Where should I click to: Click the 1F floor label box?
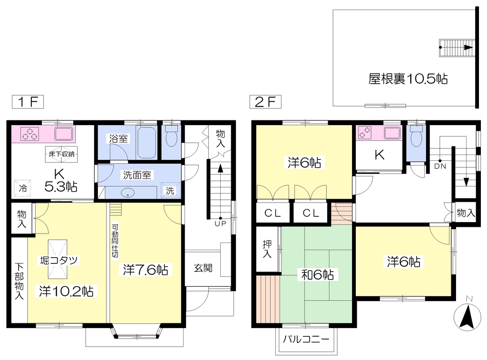(28, 102)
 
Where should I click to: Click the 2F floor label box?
(265, 102)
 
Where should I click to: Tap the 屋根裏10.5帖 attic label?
(408, 79)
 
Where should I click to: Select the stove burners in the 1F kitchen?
(30, 134)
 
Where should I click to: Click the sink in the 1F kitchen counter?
(64, 134)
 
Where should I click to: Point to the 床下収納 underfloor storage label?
(61, 154)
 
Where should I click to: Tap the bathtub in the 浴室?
(146, 143)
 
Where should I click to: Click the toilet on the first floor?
(171, 136)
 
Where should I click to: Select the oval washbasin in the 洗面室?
(127, 193)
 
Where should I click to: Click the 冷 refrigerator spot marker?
(23, 188)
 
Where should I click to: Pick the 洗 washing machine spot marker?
(170, 190)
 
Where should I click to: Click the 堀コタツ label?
(59, 260)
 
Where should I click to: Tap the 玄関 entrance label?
(203, 268)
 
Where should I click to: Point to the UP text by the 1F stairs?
(220, 224)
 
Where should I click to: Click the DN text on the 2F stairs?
(440, 166)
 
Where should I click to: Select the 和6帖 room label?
(317, 274)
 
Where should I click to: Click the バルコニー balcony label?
(306, 339)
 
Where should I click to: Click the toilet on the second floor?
(416, 136)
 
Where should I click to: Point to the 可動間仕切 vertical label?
(115, 241)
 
